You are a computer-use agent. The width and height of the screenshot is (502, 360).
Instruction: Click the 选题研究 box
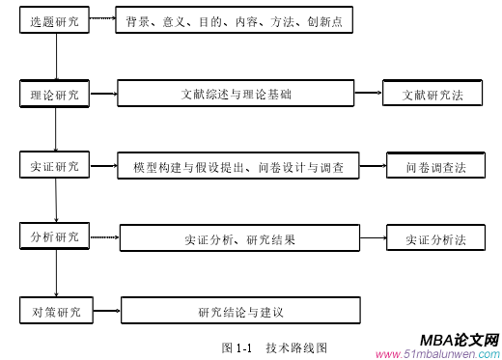(x=56, y=21)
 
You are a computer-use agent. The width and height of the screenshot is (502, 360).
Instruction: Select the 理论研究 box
(x=56, y=95)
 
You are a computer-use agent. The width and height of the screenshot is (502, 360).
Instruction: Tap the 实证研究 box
(x=56, y=166)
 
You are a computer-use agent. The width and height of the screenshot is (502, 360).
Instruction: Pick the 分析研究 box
(x=56, y=235)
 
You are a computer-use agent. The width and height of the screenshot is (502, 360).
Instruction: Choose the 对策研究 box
(x=56, y=311)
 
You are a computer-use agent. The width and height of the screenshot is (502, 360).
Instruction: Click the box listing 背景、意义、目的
(x=234, y=21)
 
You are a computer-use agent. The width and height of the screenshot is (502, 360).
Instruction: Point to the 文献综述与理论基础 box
(x=237, y=95)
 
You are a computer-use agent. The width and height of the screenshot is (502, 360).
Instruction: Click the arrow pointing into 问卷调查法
(x=374, y=166)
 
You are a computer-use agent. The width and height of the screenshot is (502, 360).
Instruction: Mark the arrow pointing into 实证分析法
(x=372, y=237)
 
